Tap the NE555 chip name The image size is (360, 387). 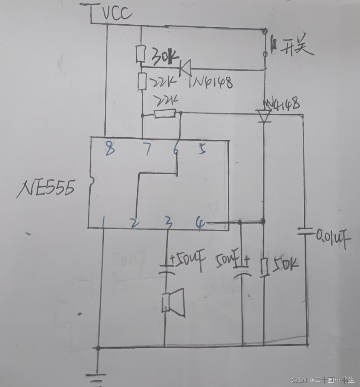point(46,188)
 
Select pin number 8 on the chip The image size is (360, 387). point(109,149)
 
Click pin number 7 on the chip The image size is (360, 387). point(147,149)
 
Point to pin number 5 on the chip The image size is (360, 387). point(202,149)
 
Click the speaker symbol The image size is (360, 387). point(173,302)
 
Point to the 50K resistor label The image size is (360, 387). point(284,266)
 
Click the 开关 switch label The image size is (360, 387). point(297,48)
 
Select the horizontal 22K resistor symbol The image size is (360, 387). point(164,114)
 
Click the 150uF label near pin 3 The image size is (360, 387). point(187,259)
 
